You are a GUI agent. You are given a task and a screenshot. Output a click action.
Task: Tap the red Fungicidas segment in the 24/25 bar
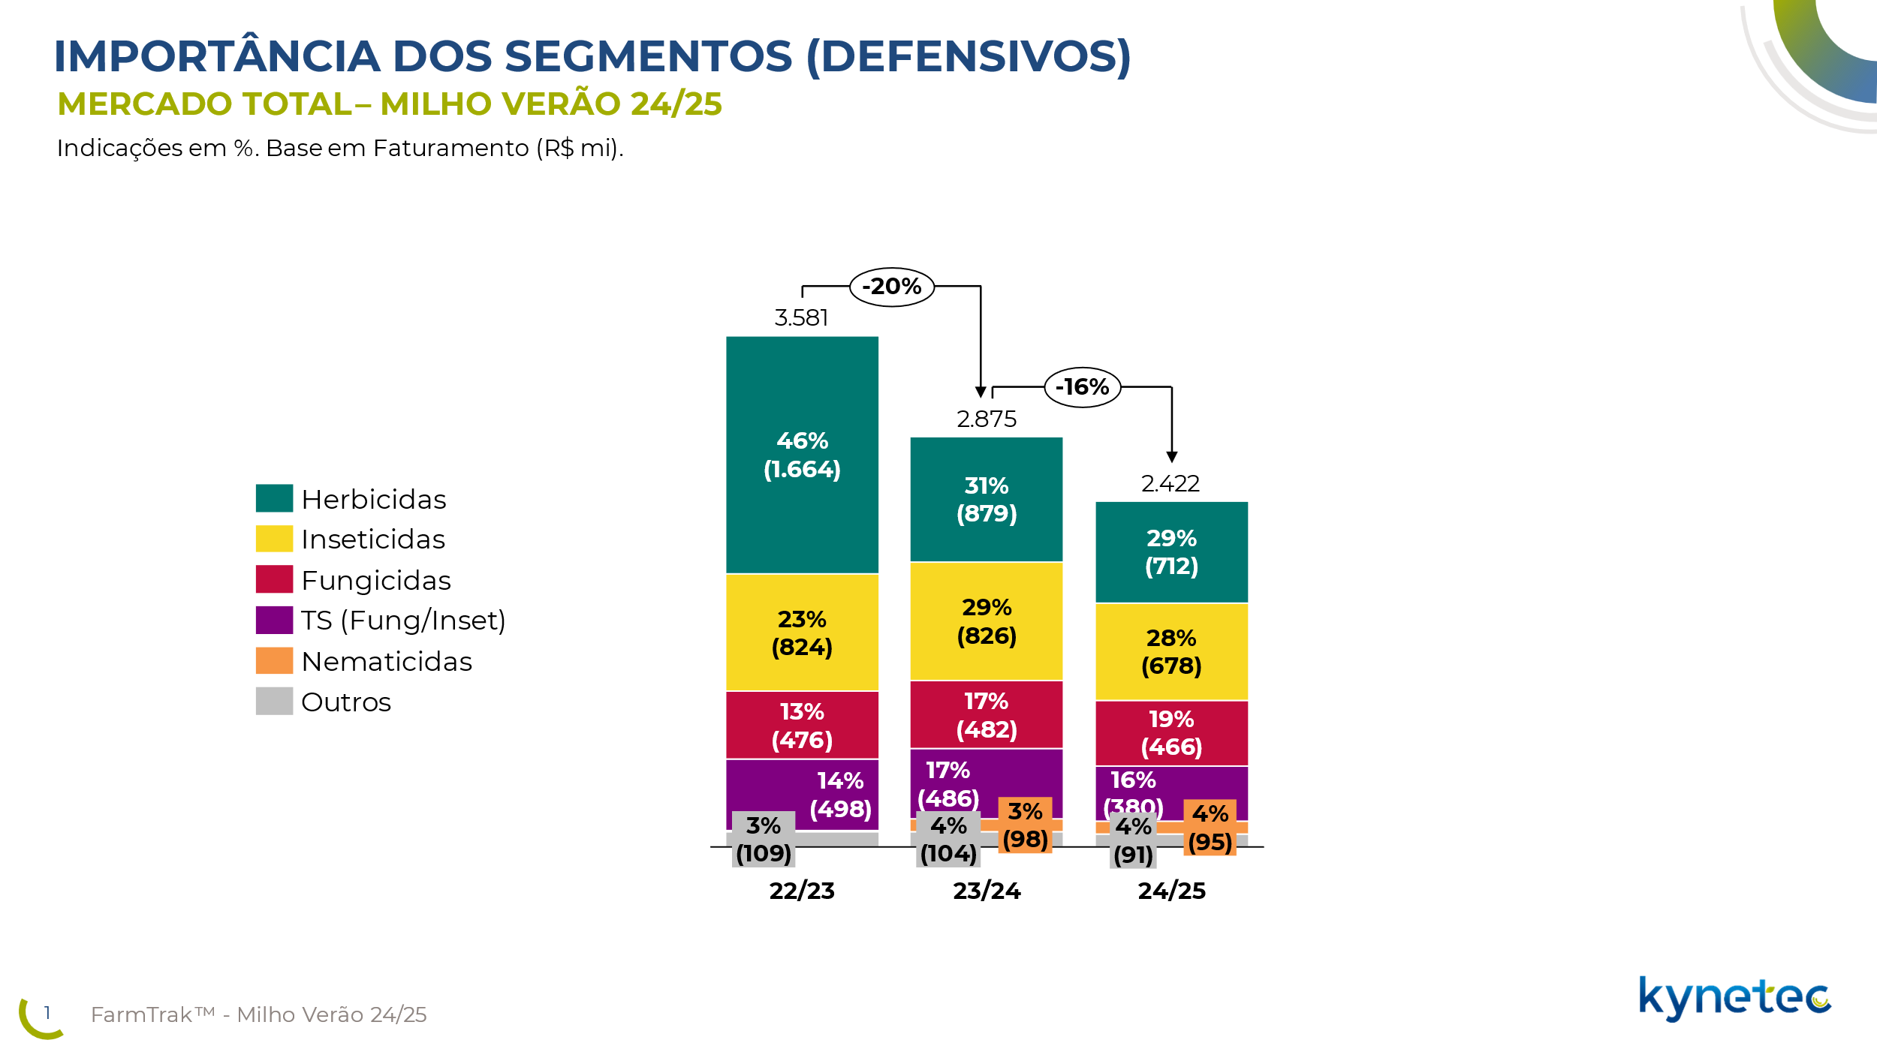[1171, 733]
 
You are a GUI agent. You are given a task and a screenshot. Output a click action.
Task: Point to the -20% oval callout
[891, 287]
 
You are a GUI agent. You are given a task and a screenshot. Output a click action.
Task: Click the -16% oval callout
[1082, 387]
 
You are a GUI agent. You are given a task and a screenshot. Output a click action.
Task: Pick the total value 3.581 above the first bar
[801, 318]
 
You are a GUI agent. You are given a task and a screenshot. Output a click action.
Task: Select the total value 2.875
[986, 419]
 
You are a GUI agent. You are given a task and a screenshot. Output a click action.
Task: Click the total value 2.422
[1170, 484]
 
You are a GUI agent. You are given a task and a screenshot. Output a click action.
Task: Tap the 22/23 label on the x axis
[802, 891]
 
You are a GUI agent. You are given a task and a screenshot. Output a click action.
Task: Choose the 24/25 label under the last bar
[1171, 891]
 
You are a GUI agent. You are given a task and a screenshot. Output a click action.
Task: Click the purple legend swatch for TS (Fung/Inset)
[274, 621]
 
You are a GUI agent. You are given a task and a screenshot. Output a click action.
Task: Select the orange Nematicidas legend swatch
[274, 661]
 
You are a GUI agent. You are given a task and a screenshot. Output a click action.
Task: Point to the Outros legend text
[346, 702]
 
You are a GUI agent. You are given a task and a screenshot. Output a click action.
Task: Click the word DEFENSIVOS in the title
[968, 57]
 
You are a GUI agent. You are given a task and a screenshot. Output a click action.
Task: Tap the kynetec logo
[1734, 998]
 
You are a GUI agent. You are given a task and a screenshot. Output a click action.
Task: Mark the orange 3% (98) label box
[1025, 825]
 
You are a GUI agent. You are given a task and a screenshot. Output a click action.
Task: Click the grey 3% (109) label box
[764, 840]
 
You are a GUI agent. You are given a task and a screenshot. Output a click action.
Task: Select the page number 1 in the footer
[47, 1013]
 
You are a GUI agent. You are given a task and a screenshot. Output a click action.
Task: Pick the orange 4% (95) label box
[1210, 828]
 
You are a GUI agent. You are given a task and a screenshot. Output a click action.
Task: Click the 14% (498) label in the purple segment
[840, 795]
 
